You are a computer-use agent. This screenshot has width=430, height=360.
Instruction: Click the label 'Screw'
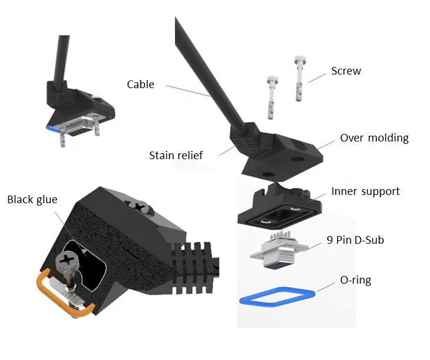346,71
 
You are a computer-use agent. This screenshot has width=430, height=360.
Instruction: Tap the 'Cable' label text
140,85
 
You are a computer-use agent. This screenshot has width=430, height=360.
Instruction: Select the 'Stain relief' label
176,156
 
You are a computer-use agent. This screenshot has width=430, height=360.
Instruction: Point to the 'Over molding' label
374,139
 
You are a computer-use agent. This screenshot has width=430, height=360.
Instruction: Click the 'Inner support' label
365,191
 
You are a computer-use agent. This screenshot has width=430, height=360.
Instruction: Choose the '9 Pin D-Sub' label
355,240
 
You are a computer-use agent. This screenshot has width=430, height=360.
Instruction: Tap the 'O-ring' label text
356,280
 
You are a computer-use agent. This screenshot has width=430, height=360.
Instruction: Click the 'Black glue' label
32,200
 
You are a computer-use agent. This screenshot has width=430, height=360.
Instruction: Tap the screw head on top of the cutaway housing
139,207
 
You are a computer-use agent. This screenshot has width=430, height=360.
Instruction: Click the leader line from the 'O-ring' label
326,287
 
